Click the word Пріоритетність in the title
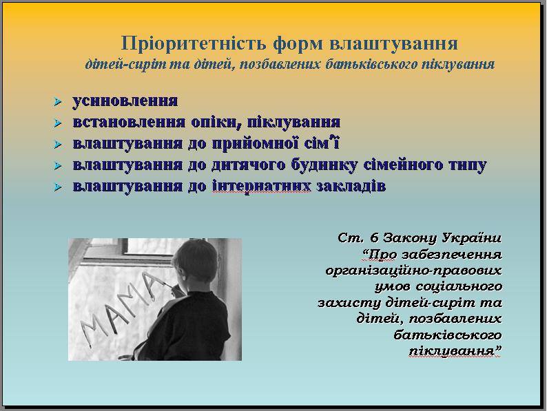195,44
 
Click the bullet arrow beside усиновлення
58,102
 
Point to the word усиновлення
125,101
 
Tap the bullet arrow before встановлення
58,123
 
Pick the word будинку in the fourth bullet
324,165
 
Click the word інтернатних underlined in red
261,186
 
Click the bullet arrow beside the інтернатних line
58,187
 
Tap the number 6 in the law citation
374,238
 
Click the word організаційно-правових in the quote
414,271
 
